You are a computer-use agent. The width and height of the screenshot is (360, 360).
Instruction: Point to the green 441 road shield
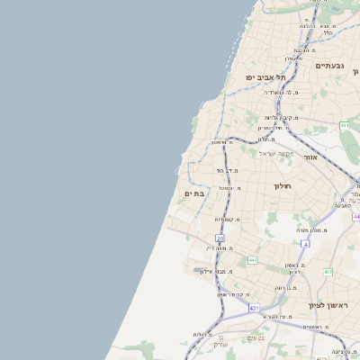coord(253,260)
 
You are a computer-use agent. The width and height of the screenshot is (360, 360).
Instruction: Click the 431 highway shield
coord(255,308)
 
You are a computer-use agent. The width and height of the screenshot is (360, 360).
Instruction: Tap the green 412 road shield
coord(328,272)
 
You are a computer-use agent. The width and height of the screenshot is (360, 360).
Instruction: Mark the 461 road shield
coord(345,124)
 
